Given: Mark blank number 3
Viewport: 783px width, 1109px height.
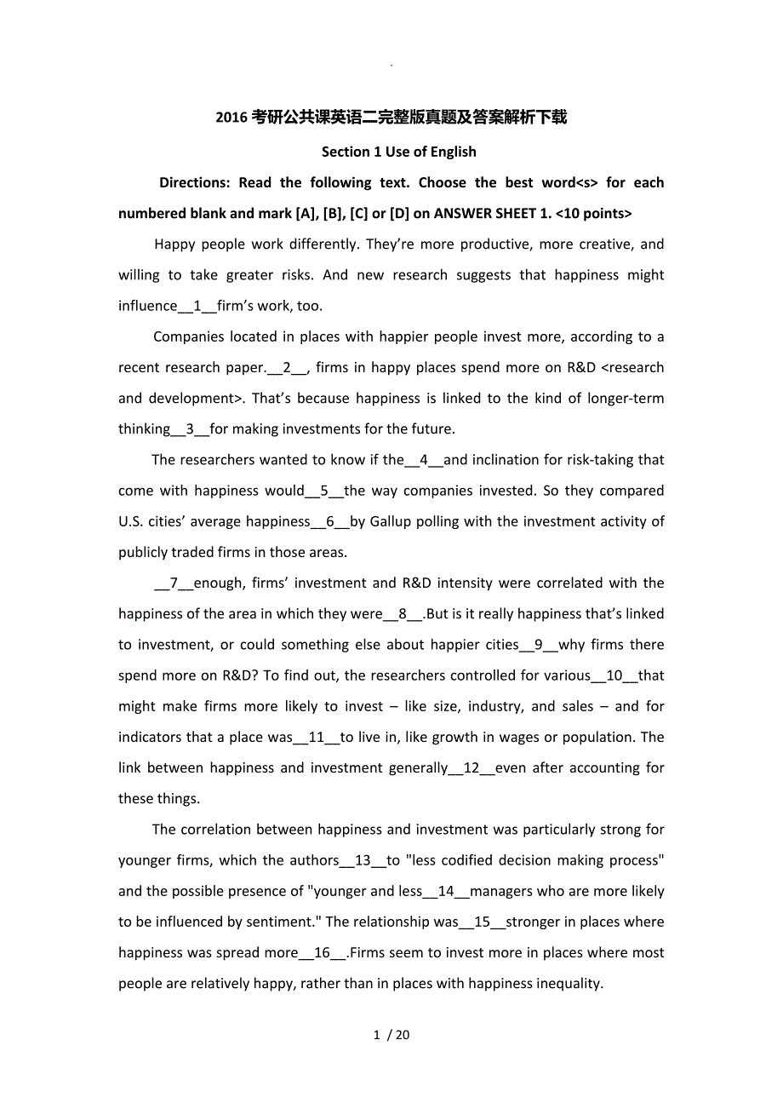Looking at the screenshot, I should (190, 429).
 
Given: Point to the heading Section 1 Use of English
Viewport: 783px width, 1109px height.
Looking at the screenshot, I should (399, 152).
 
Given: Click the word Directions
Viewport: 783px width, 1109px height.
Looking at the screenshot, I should (194, 182).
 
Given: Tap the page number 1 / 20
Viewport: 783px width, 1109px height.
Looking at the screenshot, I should (391, 1036).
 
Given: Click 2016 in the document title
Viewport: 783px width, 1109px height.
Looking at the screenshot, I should (231, 118).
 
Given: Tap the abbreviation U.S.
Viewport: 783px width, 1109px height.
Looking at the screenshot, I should (131, 521).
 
